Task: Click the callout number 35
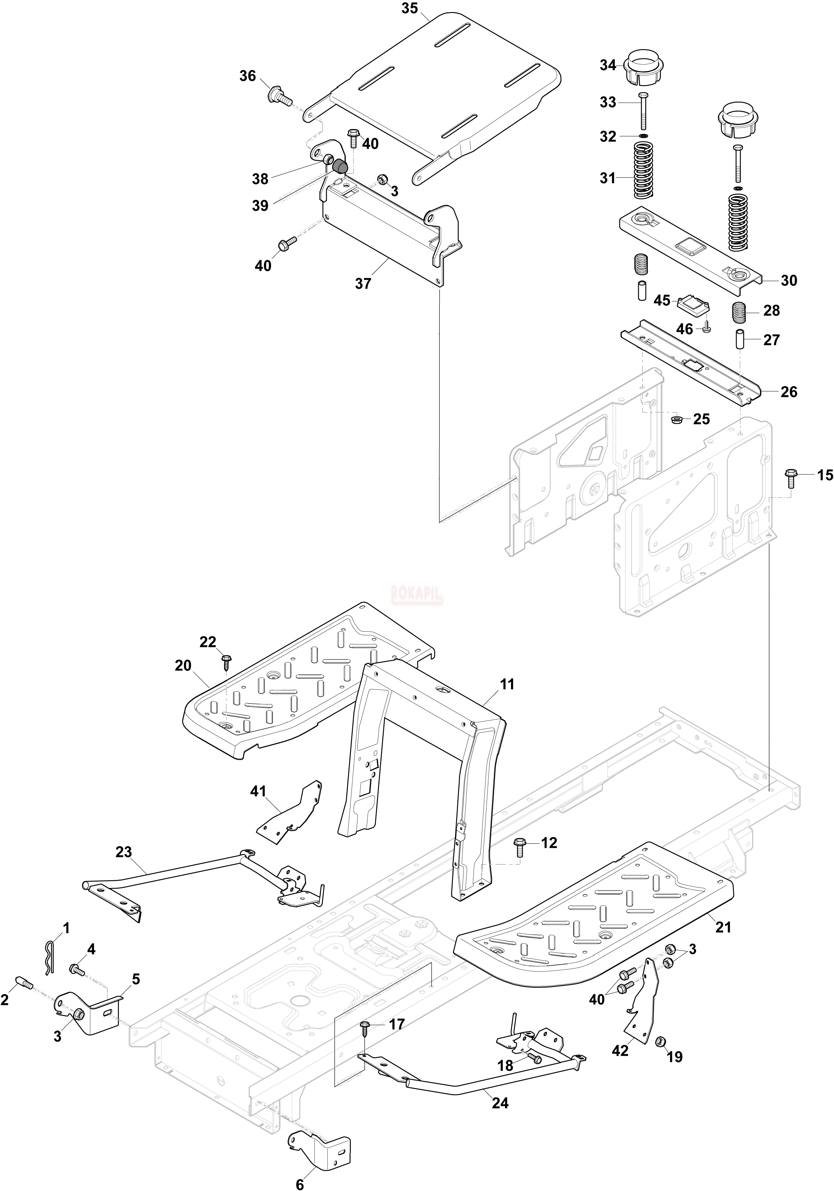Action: click(409, 10)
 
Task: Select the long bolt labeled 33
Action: click(643, 110)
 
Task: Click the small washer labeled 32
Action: click(643, 136)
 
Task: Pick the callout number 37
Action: click(363, 283)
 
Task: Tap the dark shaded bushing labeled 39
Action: click(339, 166)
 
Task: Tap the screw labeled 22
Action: click(226, 661)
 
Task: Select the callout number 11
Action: click(507, 684)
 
